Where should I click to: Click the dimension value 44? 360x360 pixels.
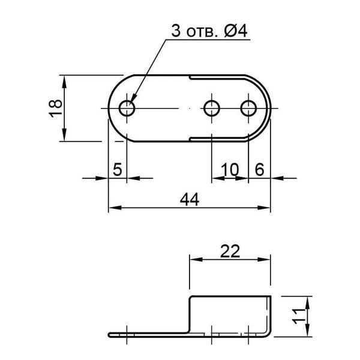coord(190,200)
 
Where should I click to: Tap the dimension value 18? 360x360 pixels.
coord(56,109)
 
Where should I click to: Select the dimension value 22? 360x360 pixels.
coord(230,251)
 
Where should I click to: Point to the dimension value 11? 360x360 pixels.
coord(298,317)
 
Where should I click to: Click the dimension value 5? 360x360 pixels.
coord(118,169)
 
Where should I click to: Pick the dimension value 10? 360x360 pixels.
coord(230,170)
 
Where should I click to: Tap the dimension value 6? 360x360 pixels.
coord(260,170)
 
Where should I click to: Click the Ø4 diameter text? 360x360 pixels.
coord(236,31)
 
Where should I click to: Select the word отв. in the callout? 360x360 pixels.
coord(202,32)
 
